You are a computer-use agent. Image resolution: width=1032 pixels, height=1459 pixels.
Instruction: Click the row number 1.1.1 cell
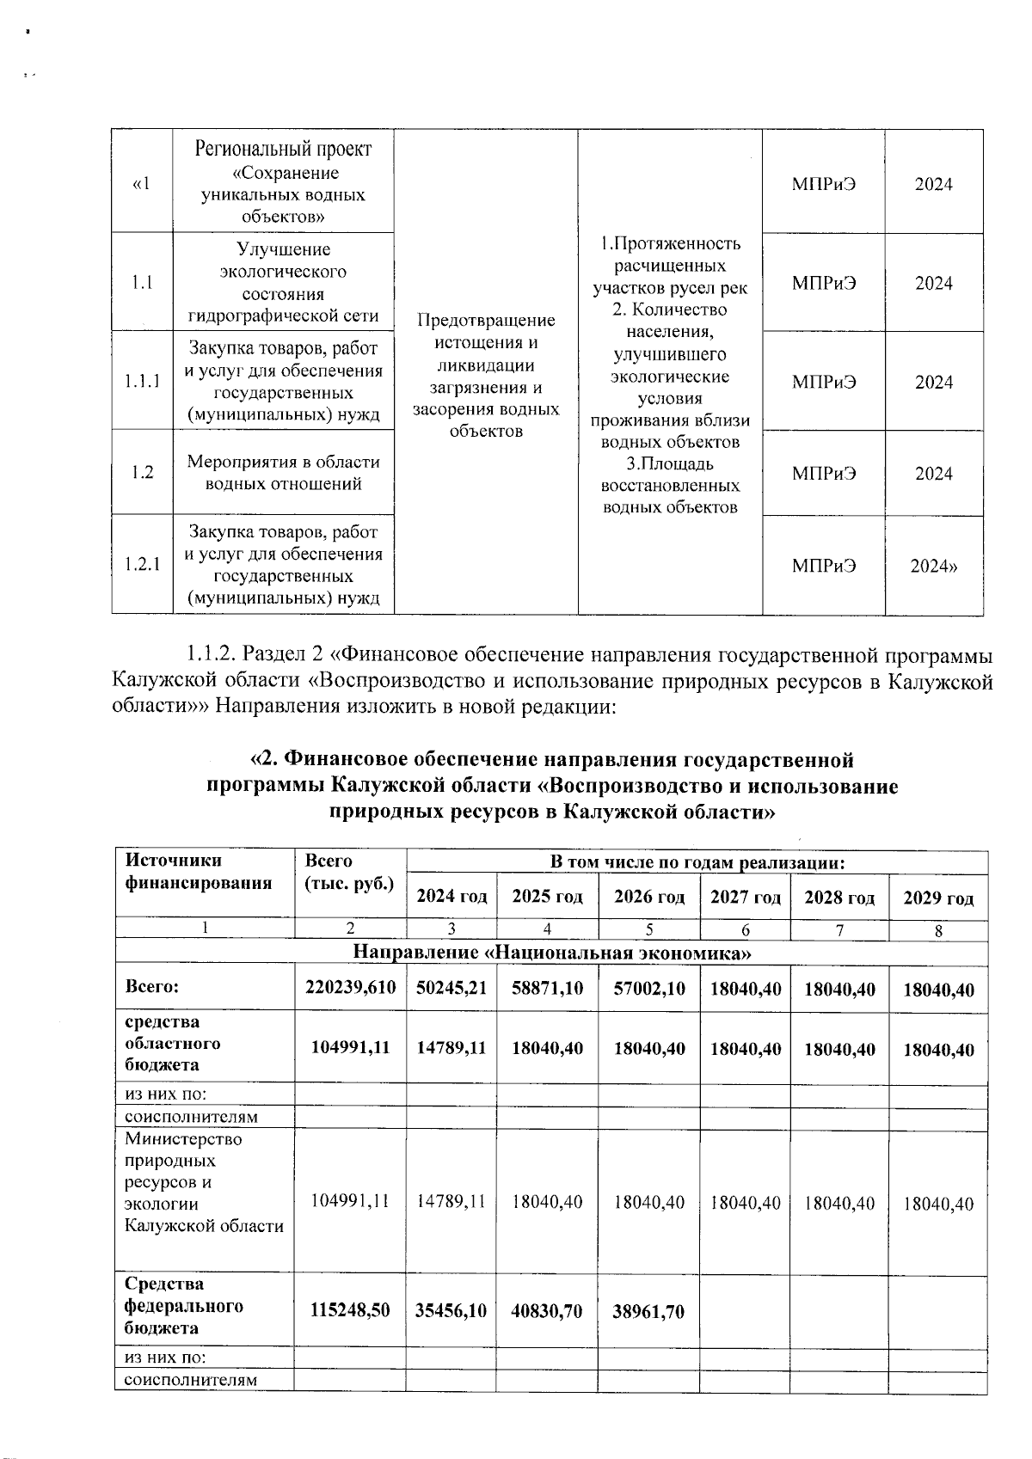143,382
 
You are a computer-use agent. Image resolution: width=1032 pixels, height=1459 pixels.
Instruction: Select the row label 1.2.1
143,565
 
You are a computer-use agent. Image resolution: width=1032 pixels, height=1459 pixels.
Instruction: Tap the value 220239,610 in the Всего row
350,988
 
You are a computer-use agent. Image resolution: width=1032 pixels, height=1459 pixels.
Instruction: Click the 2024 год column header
451,897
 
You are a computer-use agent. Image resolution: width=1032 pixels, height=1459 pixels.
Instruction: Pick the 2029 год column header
937,898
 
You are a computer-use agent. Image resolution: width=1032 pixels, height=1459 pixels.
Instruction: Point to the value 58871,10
547,988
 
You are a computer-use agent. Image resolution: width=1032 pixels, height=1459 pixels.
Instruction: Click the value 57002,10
649,988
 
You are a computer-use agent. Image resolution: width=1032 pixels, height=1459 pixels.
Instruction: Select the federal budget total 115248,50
350,1310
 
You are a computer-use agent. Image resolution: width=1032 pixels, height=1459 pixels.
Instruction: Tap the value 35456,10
451,1310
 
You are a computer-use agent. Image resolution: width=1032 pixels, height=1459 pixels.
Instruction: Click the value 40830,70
547,1310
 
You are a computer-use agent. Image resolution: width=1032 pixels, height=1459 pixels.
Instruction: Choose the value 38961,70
649,1310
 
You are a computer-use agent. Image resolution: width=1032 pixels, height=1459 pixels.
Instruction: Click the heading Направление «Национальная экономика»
552,953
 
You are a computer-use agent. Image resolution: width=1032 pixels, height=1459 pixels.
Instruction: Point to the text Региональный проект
283,149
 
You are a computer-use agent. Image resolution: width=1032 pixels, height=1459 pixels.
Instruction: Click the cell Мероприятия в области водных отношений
283,472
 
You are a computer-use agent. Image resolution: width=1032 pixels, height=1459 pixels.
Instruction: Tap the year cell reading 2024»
934,566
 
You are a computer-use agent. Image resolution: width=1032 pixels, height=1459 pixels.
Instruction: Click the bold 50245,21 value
451,988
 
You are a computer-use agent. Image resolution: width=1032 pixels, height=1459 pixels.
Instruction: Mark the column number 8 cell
938,929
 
